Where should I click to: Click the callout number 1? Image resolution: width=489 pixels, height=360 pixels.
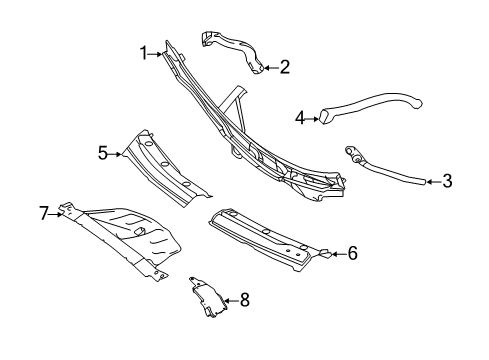click(x=144, y=53)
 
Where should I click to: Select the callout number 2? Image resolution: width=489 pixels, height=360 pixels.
click(x=285, y=67)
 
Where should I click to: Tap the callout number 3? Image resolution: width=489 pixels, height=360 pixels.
click(x=447, y=181)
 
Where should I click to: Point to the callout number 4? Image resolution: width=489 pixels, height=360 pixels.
click(x=300, y=118)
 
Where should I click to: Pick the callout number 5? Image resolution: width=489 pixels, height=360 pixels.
click(x=103, y=153)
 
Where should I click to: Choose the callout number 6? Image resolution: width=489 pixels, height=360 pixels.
click(x=352, y=253)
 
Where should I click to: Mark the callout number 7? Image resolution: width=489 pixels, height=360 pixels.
click(x=44, y=213)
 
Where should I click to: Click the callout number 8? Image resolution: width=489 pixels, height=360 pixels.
click(x=245, y=300)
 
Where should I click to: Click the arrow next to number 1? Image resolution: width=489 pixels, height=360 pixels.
click(x=156, y=54)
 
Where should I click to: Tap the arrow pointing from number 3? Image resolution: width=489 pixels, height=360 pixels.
click(x=433, y=182)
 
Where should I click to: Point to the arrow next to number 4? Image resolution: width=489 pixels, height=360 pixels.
click(x=313, y=118)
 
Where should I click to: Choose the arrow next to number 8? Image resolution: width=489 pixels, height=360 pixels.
click(x=231, y=301)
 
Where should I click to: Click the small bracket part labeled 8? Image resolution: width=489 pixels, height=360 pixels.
click(x=207, y=297)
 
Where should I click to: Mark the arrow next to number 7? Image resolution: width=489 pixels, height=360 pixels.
click(x=55, y=214)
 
